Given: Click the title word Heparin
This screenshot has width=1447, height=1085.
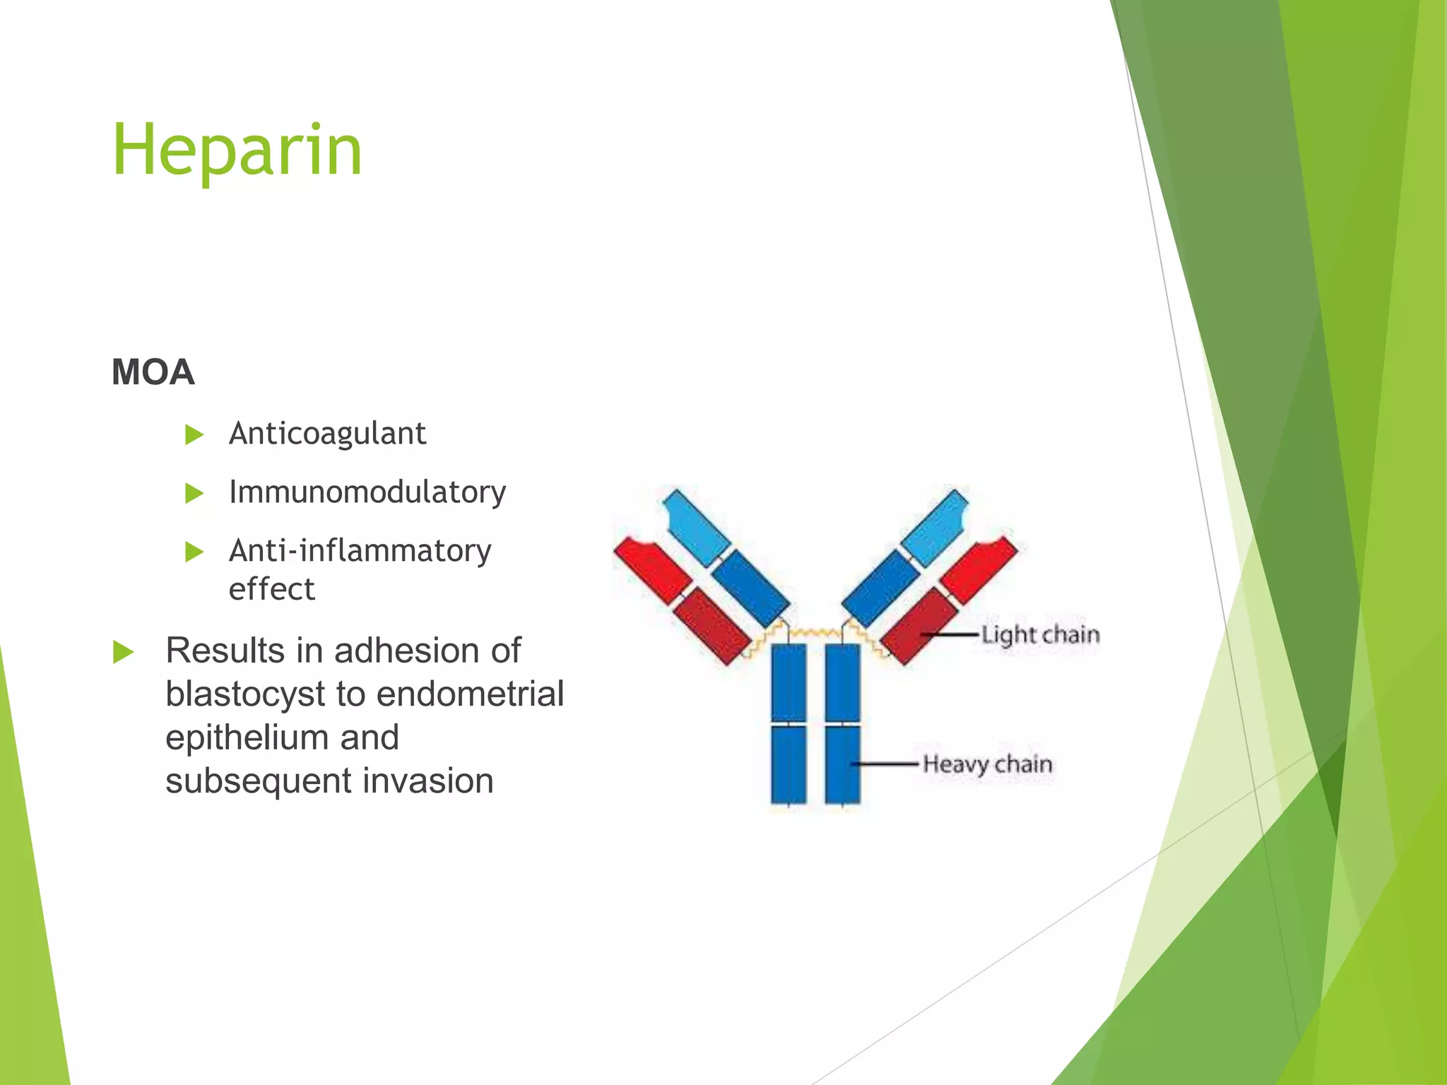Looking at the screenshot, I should [237, 150].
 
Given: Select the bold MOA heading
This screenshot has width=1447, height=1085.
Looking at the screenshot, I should [153, 372].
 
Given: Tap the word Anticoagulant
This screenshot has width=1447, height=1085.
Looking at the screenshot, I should [327, 434].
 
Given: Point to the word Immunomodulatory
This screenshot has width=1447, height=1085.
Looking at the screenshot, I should [367, 492].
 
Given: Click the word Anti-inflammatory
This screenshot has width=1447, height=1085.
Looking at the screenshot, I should [360, 551].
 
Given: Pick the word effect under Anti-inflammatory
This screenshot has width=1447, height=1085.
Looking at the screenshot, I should [271, 589].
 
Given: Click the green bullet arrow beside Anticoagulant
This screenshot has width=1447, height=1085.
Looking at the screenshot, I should [194, 434].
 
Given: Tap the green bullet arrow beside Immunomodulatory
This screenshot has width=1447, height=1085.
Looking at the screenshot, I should [194, 493].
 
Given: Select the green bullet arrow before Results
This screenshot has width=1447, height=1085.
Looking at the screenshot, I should [123, 652].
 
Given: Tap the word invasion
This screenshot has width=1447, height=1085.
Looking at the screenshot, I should [427, 781].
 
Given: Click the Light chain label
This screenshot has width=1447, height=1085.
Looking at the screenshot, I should [1040, 634].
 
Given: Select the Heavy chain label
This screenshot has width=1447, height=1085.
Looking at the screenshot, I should [987, 764].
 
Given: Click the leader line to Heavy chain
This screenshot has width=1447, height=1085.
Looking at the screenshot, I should [887, 764].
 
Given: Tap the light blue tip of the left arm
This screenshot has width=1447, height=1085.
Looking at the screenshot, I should [695, 526].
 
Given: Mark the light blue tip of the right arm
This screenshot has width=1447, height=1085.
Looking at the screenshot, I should [935, 527].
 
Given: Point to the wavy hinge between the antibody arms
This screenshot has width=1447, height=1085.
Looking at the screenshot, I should [815, 632].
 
